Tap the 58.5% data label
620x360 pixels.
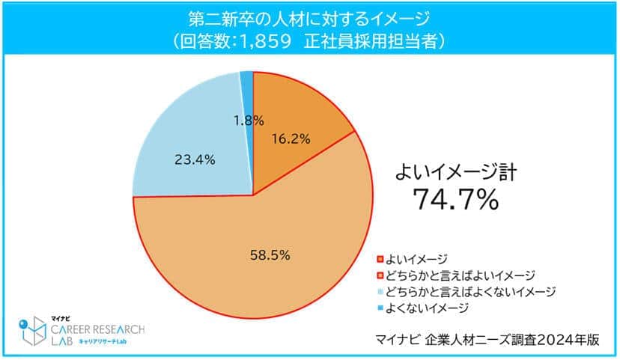click(x=270, y=254)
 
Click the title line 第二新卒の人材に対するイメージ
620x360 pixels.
click(x=309, y=16)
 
